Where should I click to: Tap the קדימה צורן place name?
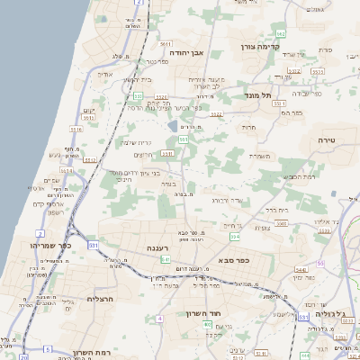(261, 45)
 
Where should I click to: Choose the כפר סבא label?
(233, 259)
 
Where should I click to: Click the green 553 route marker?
(138, 94)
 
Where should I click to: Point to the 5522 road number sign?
(217, 114)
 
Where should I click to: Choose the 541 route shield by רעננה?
(165, 259)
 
